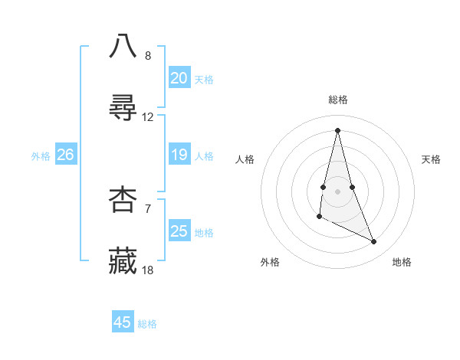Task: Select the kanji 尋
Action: pyautogui.click(x=123, y=108)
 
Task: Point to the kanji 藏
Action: pyautogui.click(x=123, y=261)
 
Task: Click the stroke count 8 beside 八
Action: pyautogui.click(x=147, y=56)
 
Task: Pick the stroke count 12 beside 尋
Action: pyautogui.click(x=148, y=117)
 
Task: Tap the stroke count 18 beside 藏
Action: pyautogui.click(x=148, y=270)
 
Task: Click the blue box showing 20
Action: pyautogui.click(x=179, y=77)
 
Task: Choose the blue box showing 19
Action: pyautogui.click(x=179, y=155)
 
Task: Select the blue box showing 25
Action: pyautogui.click(x=179, y=231)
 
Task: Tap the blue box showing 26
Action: pyautogui.click(x=65, y=155)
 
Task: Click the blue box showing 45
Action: pyautogui.click(x=123, y=322)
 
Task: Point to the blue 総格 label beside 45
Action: pyautogui.click(x=147, y=324)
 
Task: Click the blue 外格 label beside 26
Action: pyautogui.click(x=41, y=156)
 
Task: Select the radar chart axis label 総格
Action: pyautogui.click(x=337, y=100)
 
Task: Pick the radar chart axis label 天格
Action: pyautogui.click(x=431, y=159)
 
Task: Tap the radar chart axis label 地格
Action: pyautogui.click(x=402, y=262)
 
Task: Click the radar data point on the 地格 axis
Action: pyautogui.click(x=374, y=242)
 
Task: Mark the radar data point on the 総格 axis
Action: pyautogui.click(x=337, y=129)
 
